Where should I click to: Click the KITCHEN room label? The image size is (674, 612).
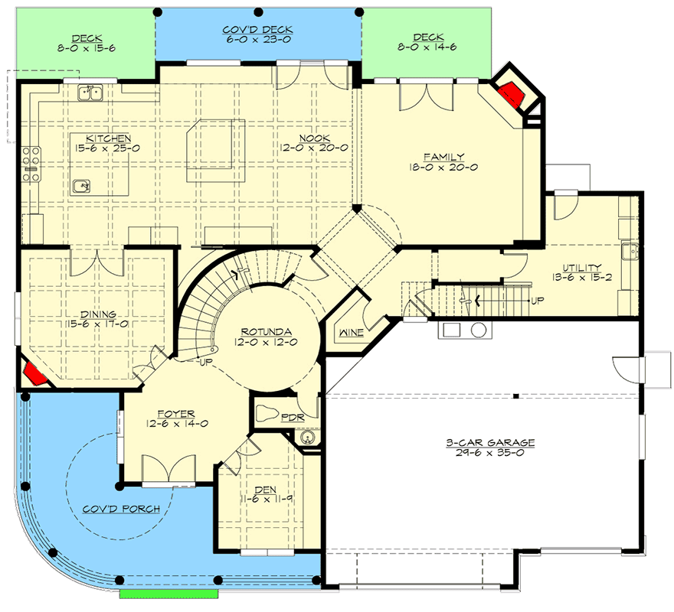91,138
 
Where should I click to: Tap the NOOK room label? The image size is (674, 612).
313,138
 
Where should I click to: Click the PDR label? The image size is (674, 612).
292,417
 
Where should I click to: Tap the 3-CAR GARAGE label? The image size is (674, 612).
490,442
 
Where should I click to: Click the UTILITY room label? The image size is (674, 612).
582,267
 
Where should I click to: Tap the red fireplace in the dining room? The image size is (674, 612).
33,374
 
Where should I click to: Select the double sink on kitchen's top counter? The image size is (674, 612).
91,93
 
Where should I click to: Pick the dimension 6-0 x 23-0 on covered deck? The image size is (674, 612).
257,41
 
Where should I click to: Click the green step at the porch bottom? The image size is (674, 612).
169,594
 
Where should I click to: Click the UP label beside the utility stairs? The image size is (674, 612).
536,301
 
